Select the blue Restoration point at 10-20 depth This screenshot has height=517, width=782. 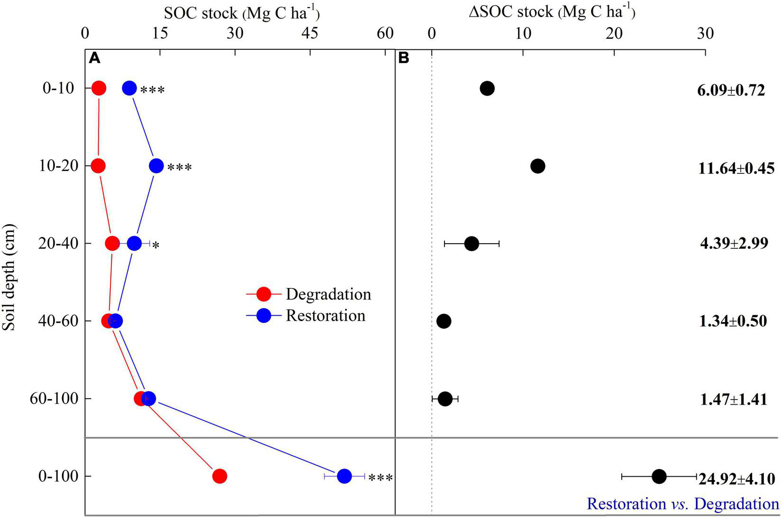coord(156,166)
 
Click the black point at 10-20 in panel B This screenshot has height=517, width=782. coord(537,166)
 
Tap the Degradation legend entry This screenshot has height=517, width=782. coord(328,294)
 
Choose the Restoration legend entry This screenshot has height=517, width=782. coord(325,316)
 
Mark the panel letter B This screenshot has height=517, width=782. coord(404,58)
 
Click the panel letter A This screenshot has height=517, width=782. coord(95,58)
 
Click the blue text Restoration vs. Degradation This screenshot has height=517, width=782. coord(682,503)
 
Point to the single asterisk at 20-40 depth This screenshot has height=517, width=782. coord(155,246)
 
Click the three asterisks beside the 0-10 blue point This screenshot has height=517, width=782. coord(152,91)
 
